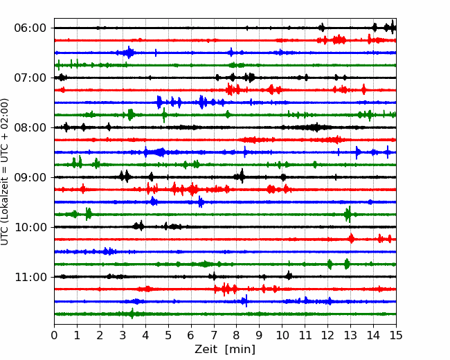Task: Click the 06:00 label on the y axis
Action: pyautogui.click(x=30, y=28)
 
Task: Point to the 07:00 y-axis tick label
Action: pyautogui.click(x=30, y=78)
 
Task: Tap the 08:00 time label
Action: pyautogui.click(x=30, y=127)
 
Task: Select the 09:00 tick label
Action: pyautogui.click(x=30, y=177)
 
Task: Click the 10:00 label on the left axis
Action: pyautogui.click(x=30, y=227)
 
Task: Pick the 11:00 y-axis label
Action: pyautogui.click(x=30, y=277)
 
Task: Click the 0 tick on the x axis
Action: pyautogui.click(x=54, y=335)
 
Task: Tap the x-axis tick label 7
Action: pyautogui.click(x=214, y=335)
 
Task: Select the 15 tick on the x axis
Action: pyautogui.click(x=396, y=335)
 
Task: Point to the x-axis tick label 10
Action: pyautogui.click(x=282, y=335)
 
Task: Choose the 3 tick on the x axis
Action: pyautogui.click(x=123, y=335)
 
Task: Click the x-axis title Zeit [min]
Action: pyautogui.click(x=225, y=349)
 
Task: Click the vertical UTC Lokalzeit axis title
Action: pyautogui.click(x=5, y=172)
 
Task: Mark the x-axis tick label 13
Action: pyautogui.click(x=350, y=335)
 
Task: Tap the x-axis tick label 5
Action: pyautogui.click(x=168, y=335)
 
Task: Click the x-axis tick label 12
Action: pyautogui.click(x=327, y=335)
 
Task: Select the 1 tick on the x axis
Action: pyautogui.click(x=77, y=335)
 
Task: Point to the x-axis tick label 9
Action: pyautogui.click(x=260, y=335)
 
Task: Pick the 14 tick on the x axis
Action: pyautogui.click(x=373, y=335)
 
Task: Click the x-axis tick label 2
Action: pyautogui.click(x=100, y=335)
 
